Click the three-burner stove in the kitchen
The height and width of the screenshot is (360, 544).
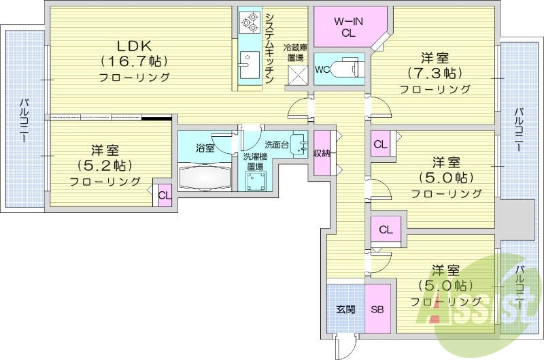coord(248,23)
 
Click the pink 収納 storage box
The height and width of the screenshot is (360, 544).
coord(322,153)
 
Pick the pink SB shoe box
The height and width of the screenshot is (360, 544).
coord(377,310)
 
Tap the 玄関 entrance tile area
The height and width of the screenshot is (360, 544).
coord(346,310)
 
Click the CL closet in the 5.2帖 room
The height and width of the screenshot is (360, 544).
coord(164,195)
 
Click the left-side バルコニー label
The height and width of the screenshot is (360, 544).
coord(24,120)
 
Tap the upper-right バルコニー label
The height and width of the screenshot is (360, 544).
coord(519,129)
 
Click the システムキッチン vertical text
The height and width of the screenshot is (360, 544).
coord(269,48)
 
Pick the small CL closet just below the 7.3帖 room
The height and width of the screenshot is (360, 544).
coord(380,145)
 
